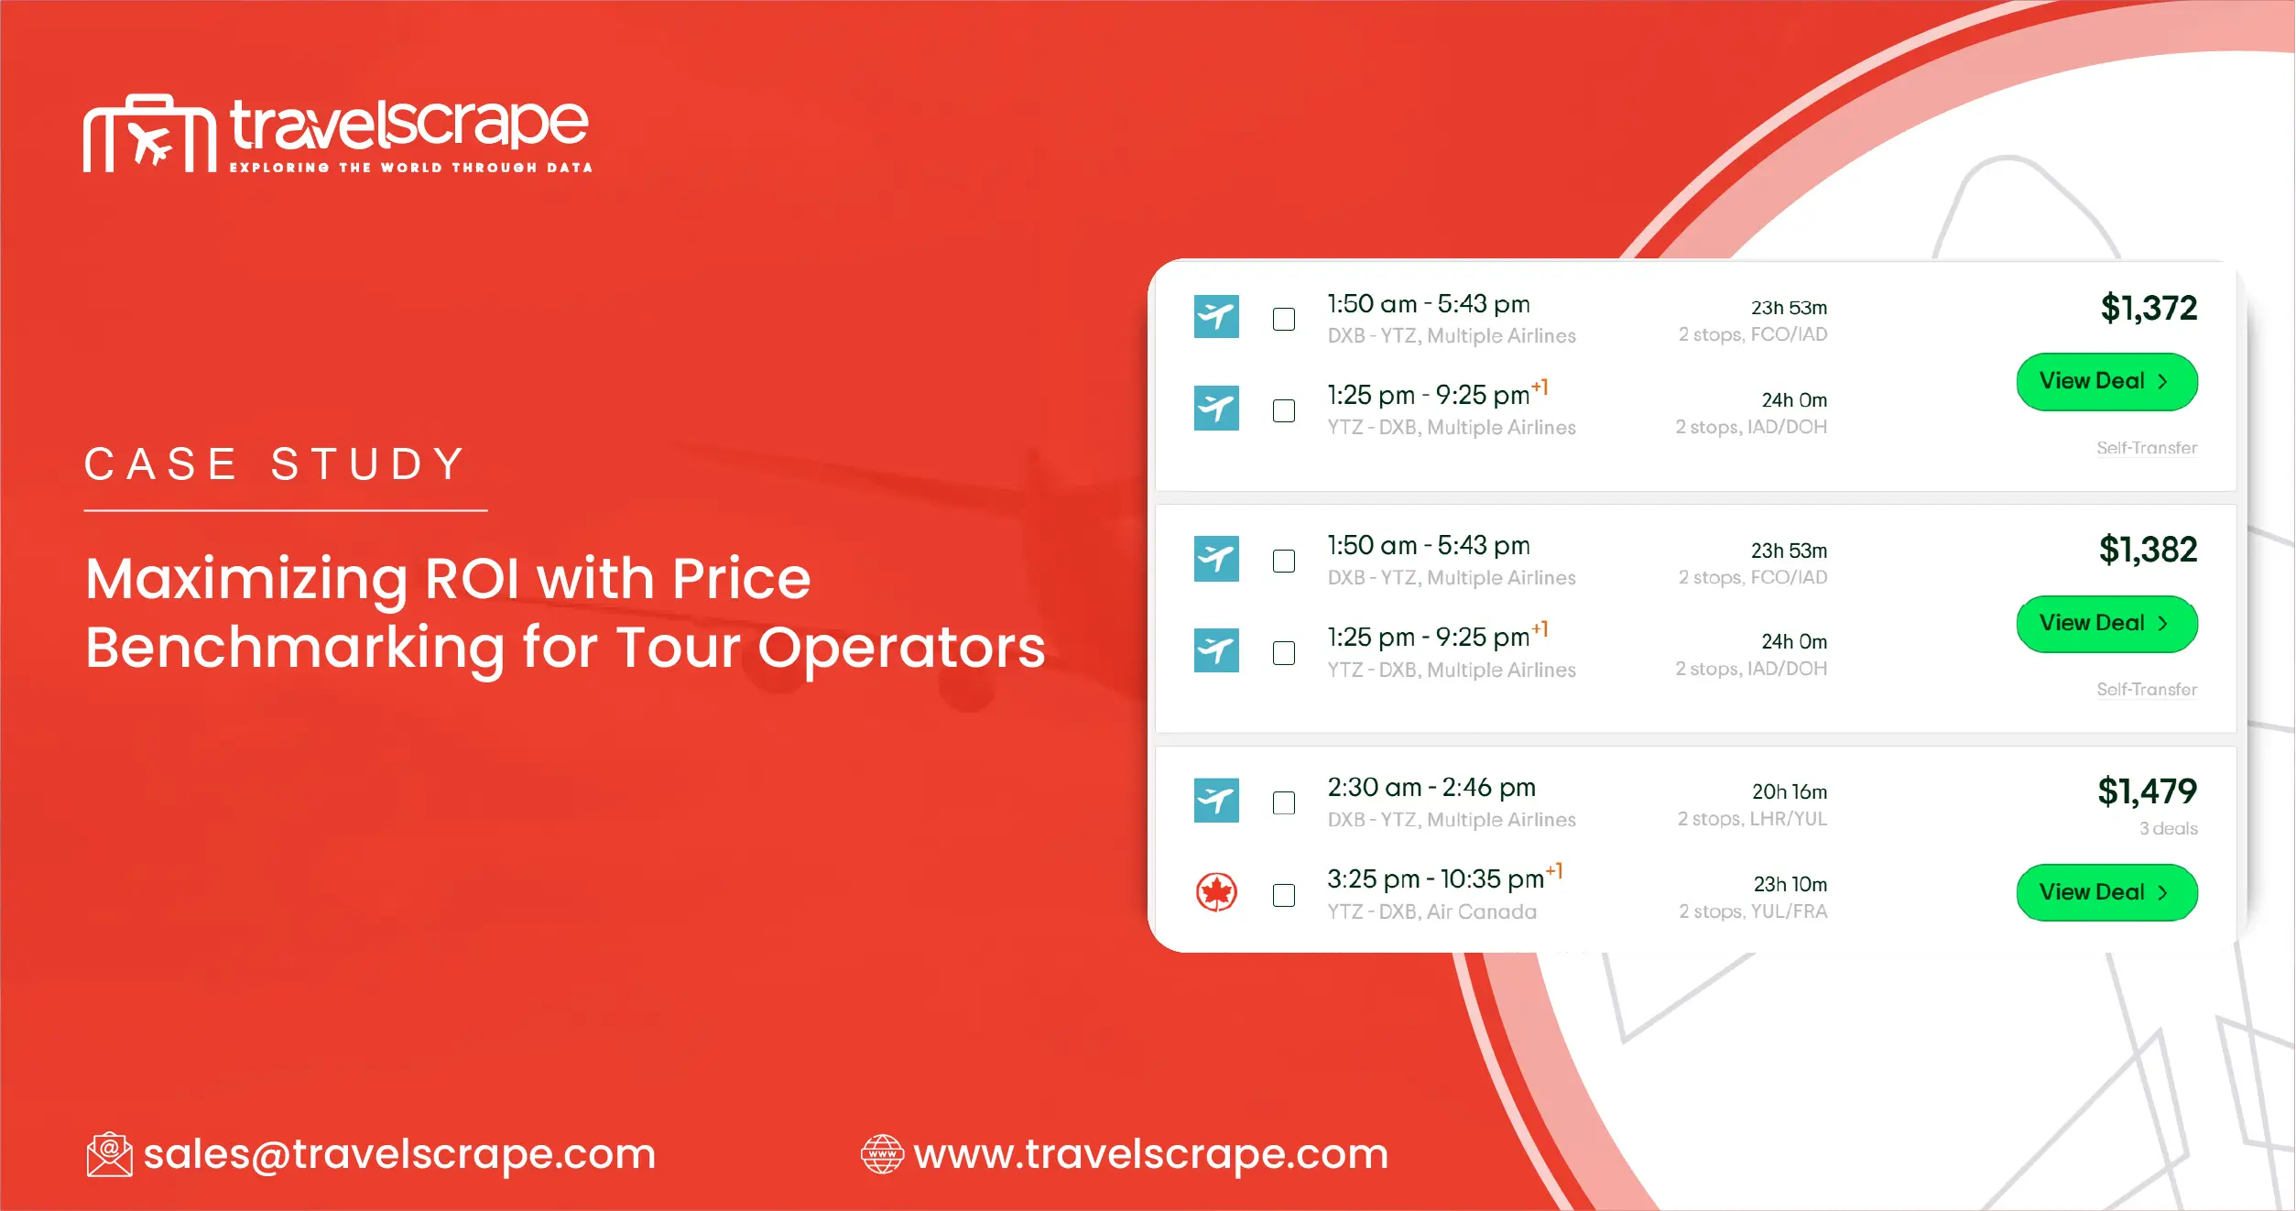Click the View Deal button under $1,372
pos(2106,381)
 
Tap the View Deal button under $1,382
pos(2106,624)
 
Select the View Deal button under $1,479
pos(2106,892)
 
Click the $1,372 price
pos(2148,308)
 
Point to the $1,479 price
pos(2147,791)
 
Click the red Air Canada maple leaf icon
pos(1216,892)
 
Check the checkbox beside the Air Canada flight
pos(1284,895)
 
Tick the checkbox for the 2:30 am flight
pos(1284,802)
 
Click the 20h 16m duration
pos(1789,791)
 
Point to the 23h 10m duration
pos(1790,884)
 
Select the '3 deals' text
pos(2168,828)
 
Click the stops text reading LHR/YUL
pos(1752,819)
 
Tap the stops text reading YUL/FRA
pos(1753,911)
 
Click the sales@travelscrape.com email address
pos(399,1154)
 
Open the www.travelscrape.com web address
pos(1150,1154)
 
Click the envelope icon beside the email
pos(109,1154)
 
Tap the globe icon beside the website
pos(882,1154)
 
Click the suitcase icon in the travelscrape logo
pos(149,134)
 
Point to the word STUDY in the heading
pos(368,464)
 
